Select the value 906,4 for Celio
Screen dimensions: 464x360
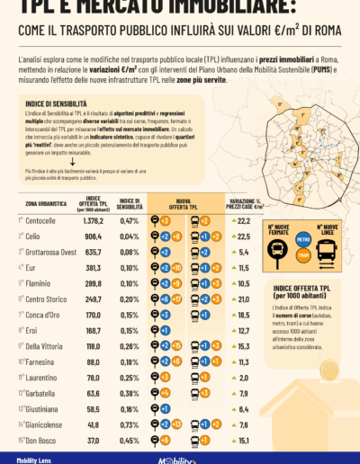(x=94, y=236)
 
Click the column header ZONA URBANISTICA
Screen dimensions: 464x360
(x=40, y=201)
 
